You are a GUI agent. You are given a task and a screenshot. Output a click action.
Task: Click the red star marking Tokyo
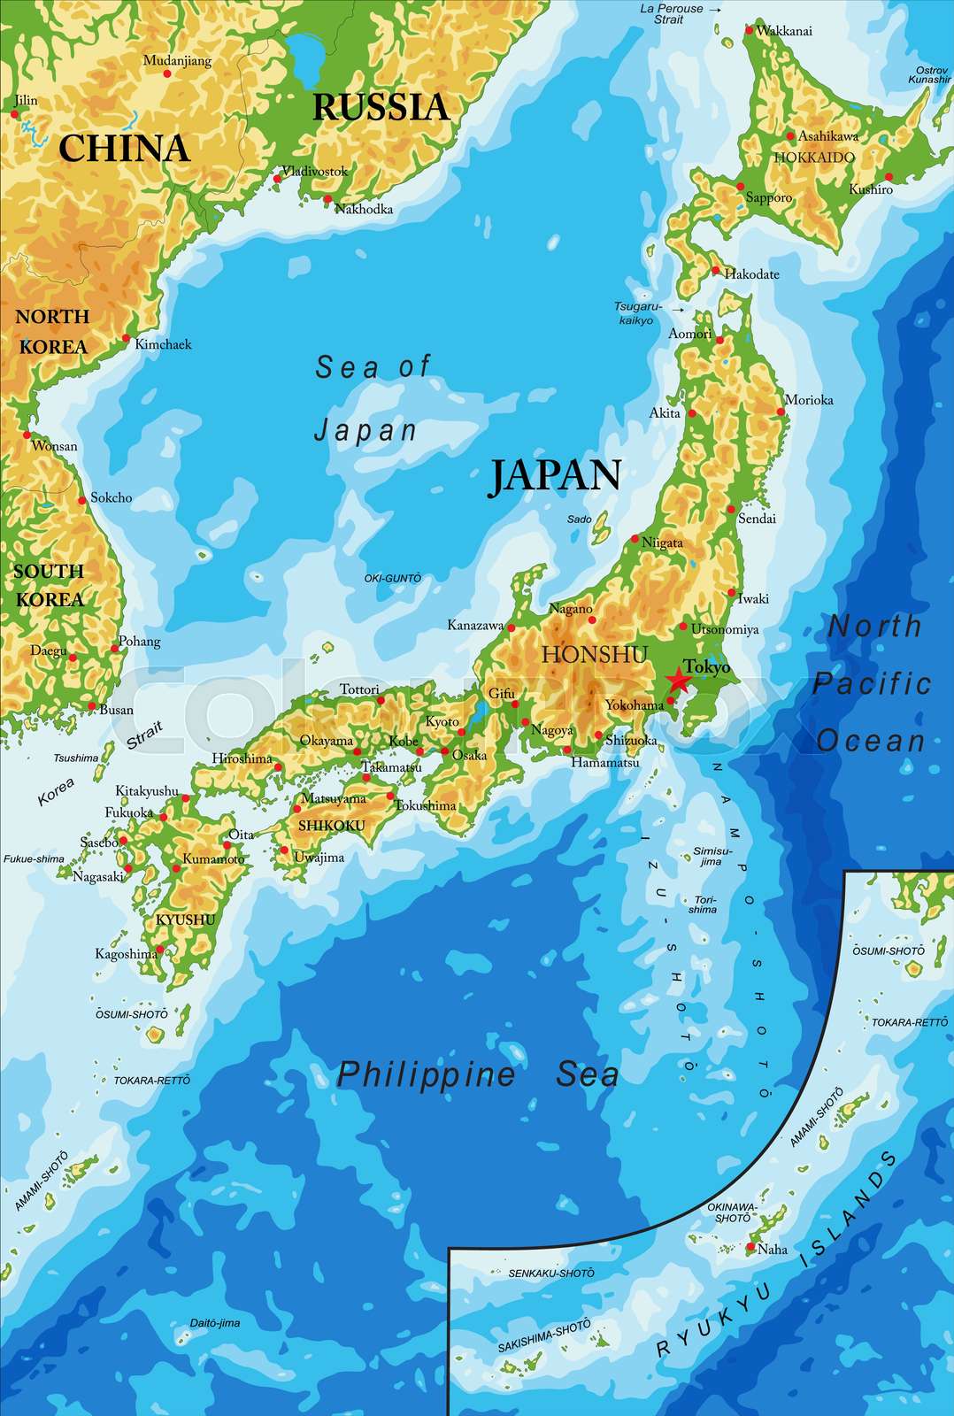click(678, 681)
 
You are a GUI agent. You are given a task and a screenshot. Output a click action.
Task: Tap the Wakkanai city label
click(784, 31)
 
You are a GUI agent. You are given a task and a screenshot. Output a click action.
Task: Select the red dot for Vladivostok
click(277, 179)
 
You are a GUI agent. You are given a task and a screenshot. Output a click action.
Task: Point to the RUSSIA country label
click(381, 107)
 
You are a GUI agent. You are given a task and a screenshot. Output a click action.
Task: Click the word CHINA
click(124, 148)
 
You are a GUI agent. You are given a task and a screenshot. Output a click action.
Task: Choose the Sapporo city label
click(768, 197)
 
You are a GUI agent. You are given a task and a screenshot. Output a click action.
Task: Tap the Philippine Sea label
click(478, 1074)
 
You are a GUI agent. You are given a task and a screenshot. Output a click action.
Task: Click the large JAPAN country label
click(556, 475)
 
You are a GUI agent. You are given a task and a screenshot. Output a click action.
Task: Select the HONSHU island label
click(595, 654)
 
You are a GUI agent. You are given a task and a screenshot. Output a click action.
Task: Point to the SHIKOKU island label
click(331, 826)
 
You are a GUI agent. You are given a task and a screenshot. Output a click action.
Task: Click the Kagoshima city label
click(126, 954)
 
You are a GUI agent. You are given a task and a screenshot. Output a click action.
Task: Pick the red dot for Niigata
click(635, 539)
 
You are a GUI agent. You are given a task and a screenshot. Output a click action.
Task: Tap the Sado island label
click(579, 519)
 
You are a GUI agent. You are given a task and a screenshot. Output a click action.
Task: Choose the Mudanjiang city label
click(177, 61)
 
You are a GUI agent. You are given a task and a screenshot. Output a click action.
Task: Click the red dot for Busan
click(91, 706)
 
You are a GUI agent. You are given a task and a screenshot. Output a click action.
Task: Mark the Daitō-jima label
click(215, 1323)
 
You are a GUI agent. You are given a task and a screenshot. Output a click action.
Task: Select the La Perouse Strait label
click(672, 13)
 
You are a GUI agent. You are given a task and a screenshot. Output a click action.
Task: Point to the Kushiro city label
click(871, 189)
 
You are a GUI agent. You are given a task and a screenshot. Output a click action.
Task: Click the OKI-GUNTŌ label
click(392, 578)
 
